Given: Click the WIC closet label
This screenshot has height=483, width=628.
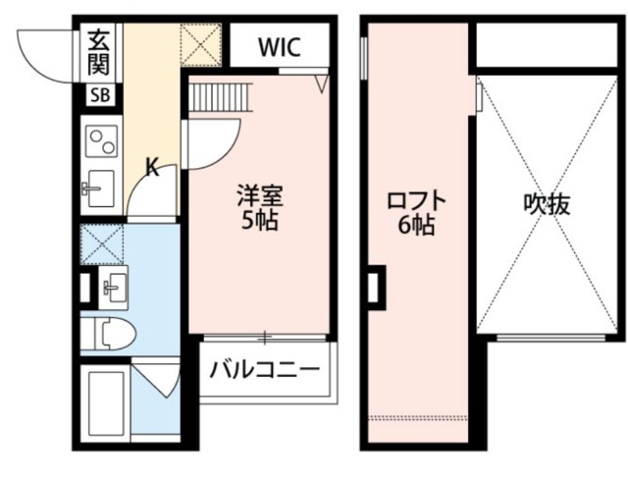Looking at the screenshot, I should pyautogui.click(x=280, y=46).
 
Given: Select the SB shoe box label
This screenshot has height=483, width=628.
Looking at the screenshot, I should pyautogui.click(x=99, y=95).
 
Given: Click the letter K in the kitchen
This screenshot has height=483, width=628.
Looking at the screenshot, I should pyautogui.click(x=152, y=167).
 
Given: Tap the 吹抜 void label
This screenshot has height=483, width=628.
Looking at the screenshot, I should pyautogui.click(x=547, y=205).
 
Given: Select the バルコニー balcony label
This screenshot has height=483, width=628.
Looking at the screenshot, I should pyautogui.click(x=266, y=371).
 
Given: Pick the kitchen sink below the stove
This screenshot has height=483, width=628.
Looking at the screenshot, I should pyautogui.click(x=98, y=186).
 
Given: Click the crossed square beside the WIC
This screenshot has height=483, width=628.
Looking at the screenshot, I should pyautogui.click(x=204, y=43).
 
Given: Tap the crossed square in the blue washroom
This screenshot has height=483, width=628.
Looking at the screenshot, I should pyautogui.click(x=101, y=242).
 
